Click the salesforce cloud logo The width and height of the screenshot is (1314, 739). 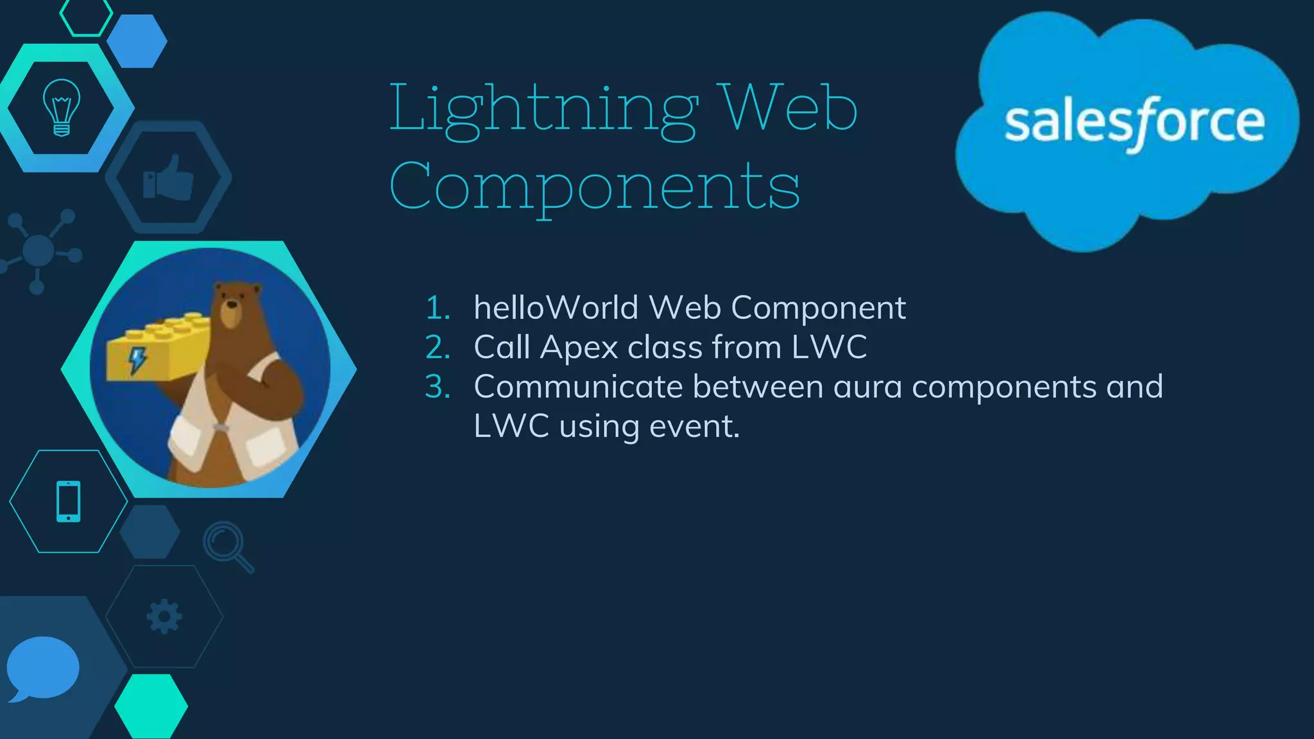1127,128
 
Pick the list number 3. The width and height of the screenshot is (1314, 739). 437,387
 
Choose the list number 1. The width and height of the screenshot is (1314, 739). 437,308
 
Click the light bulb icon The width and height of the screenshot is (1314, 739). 62,107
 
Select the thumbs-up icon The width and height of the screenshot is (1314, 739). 168,178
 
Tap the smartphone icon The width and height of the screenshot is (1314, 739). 69,501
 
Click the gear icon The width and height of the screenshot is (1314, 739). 164,616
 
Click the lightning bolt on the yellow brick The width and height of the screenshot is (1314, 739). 137,360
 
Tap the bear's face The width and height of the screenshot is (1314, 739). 232,306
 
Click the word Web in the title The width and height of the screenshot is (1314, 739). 789,109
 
